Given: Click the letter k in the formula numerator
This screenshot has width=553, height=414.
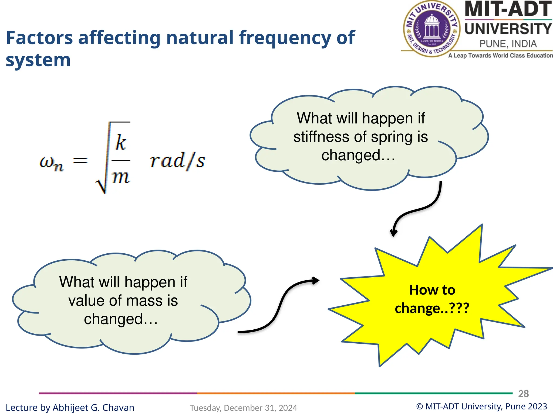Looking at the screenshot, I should pyautogui.click(x=120, y=142).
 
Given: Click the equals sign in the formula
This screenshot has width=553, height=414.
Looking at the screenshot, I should pyautogui.click(x=80, y=161).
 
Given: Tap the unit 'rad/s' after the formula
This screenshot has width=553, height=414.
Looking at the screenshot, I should pyautogui.click(x=177, y=161).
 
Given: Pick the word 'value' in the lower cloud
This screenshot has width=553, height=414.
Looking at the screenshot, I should pyautogui.click(x=86, y=301).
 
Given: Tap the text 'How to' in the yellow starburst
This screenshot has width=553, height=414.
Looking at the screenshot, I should pyautogui.click(x=432, y=290).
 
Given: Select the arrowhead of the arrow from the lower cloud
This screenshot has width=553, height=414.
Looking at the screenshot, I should pyautogui.click(x=315, y=281).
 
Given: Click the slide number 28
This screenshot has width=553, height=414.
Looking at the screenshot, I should pyautogui.click(x=523, y=394).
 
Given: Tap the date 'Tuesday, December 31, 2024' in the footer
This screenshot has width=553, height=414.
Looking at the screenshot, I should pyautogui.click(x=243, y=408).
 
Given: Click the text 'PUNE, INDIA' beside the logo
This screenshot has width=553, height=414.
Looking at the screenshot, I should pyautogui.click(x=508, y=44).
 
